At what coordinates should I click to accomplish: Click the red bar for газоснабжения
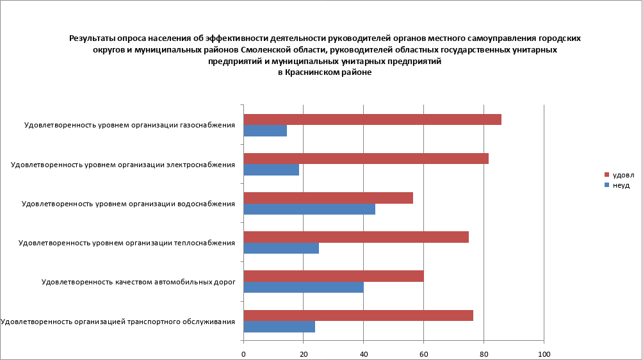tap(372, 120)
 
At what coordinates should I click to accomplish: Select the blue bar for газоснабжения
tap(265, 131)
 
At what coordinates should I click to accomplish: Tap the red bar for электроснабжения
tap(366, 159)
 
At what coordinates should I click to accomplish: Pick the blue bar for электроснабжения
tap(272, 170)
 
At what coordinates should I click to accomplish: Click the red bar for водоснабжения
tap(328, 198)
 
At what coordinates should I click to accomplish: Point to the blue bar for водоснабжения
tap(309, 209)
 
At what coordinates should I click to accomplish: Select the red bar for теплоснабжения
tap(356, 237)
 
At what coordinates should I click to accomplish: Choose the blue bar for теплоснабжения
tap(281, 248)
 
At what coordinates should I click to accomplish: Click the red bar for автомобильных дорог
tap(334, 276)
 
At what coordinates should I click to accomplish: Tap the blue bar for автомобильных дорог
tap(304, 287)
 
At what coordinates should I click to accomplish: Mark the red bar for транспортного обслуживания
tap(358, 315)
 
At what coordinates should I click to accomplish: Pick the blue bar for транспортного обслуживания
tap(279, 327)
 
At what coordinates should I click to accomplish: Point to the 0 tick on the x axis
tap(243, 354)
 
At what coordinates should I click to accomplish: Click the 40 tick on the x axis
tap(364, 354)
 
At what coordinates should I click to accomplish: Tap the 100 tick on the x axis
tap(544, 354)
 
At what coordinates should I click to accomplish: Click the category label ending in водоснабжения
tap(128, 204)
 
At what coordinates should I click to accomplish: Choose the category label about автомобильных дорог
tap(138, 281)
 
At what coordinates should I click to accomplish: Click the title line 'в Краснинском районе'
tap(325, 73)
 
